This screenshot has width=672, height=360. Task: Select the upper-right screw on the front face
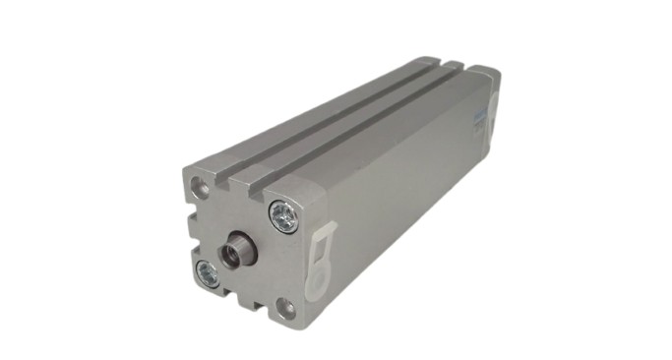tap(284, 216)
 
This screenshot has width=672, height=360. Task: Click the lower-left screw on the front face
tap(208, 274)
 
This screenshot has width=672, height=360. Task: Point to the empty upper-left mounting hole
tap(200, 186)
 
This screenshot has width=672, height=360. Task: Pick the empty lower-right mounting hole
tap(285, 309)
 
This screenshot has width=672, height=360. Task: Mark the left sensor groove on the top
tap(325, 116)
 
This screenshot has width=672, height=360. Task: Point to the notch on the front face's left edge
tap(188, 227)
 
